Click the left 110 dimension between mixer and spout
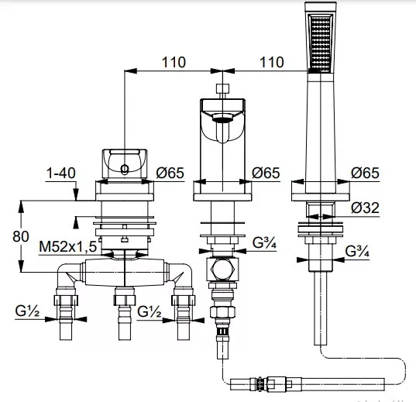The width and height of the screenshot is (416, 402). (x=174, y=63)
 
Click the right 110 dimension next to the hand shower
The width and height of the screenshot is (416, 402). (x=272, y=63)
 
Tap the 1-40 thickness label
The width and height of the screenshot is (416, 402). (x=60, y=173)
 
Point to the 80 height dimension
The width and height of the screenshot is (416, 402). (x=21, y=236)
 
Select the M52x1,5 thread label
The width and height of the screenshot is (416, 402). (x=68, y=247)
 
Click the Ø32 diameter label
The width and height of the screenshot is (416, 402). (x=365, y=208)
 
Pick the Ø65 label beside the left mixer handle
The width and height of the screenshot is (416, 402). (x=170, y=173)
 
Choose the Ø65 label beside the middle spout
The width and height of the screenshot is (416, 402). (x=266, y=173)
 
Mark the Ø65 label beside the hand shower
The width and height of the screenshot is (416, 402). (x=365, y=173)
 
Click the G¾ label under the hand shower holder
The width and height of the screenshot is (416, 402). (x=357, y=251)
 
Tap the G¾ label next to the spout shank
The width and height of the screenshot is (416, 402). (x=264, y=242)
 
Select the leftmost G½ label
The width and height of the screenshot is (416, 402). (x=27, y=311)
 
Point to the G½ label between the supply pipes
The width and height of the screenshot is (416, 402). (x=149, y=311)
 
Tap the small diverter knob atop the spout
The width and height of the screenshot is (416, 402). (x=222, y=88)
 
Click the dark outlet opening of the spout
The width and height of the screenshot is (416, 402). (x=222, y=119)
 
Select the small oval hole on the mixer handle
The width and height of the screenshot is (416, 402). (x=125, y=170)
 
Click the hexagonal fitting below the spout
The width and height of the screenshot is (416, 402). (x=222, y=270)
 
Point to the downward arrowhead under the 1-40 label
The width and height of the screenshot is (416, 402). (x=76, y=194)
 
